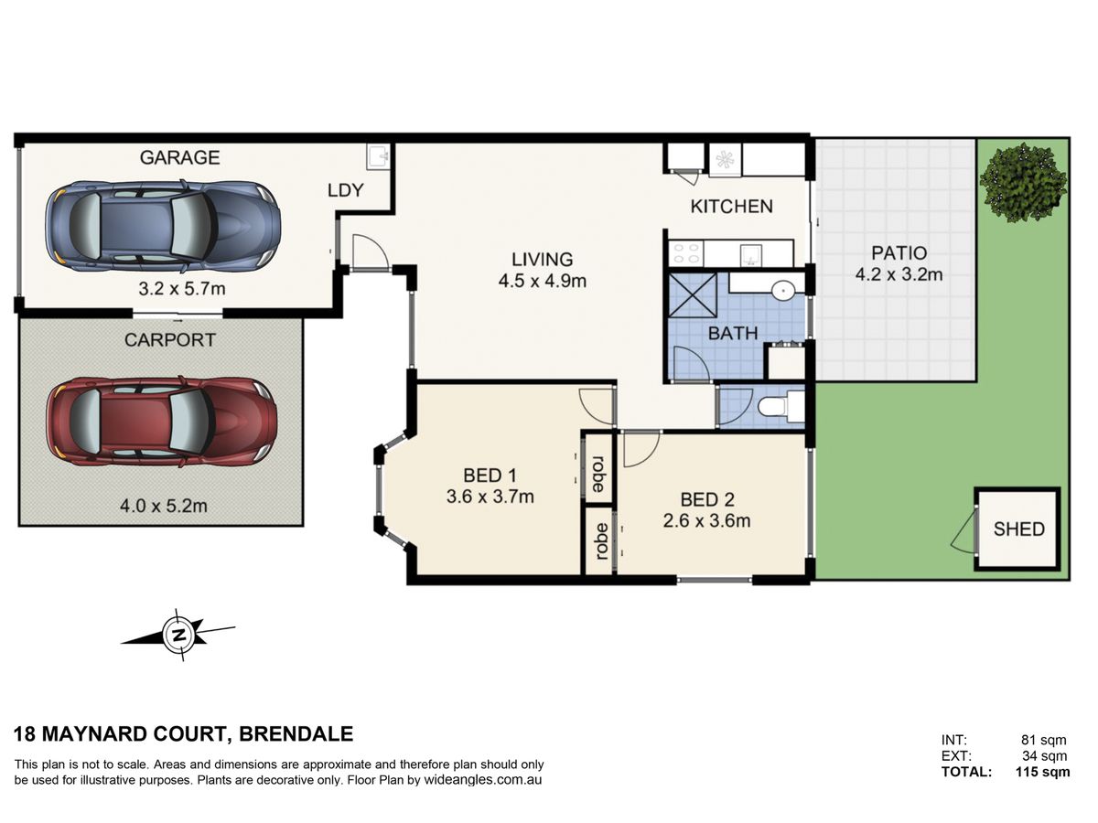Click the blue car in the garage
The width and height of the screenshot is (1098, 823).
coord(163,226)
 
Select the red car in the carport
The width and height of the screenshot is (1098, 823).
coord(162,422)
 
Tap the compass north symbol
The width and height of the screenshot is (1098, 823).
coord(178,636)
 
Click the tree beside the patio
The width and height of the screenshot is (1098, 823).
coord(1022,182)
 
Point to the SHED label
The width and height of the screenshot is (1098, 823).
coord(1018,529)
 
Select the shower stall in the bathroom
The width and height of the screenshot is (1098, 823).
coord(693,295)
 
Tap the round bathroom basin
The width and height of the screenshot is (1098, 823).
coord(781,290)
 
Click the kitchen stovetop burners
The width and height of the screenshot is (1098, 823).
coord(686,253)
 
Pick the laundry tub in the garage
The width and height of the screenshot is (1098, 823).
coord(378,157)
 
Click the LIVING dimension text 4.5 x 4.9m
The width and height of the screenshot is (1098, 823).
coord(543,281)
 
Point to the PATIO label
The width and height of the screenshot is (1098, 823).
coord(899,253)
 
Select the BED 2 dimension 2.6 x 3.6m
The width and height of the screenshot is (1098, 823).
coord(706,520)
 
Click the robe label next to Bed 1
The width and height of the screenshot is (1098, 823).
coord(597,475)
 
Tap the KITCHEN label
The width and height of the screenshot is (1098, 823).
coord(731,207)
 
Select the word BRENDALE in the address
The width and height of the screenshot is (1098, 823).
coord(296,734)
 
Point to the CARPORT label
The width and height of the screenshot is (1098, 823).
coord(169,340)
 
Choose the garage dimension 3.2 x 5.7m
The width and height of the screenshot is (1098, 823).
coord(182,288)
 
